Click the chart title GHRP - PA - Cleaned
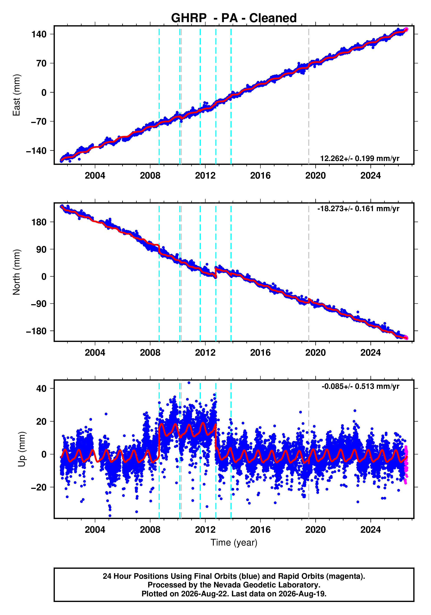coord(234,18)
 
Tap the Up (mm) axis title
coord(22,449)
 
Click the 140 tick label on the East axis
coord(39,34)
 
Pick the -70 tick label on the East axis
coord(39,122)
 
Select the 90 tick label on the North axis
coord(41,249)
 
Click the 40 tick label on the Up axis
coord(41,388)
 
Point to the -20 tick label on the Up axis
coord(39,487)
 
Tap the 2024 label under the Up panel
coord(370,530)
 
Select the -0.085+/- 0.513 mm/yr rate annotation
coord(360,386)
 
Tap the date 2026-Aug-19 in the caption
coord(302,594)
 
